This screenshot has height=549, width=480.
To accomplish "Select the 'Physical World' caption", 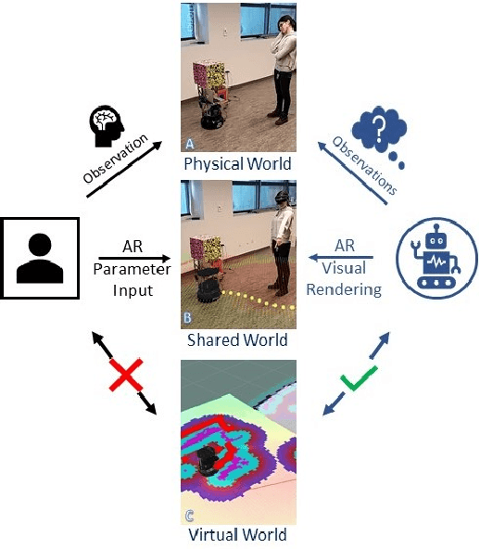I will [238, 164].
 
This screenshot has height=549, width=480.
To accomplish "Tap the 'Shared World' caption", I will [238, 340].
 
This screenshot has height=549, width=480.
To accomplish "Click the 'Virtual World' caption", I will [238, 535].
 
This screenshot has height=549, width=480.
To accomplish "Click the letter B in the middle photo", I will [188, 318].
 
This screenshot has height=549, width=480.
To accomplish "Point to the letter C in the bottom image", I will [189, 514].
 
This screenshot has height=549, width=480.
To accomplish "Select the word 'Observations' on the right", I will [363, 162].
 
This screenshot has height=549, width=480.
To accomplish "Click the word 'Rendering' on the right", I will [343, 288].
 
